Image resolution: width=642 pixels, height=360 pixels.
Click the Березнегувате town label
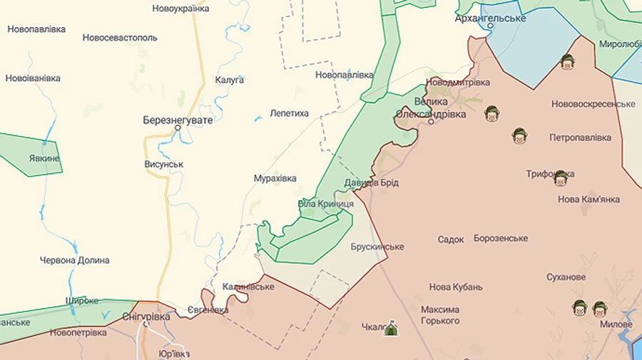click(178, 120)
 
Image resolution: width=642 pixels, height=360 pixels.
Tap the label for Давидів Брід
click(371, 182)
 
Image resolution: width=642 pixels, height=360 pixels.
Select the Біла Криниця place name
click(326, 204)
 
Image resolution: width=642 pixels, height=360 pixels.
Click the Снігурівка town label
click(146, 316)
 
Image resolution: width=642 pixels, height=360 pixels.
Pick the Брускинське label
click(377, 247)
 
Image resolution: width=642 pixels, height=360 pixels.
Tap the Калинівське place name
click(248, 287)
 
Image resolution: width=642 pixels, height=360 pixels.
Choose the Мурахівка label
click(275, 178)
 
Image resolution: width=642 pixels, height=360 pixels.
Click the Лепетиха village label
click(290, 113)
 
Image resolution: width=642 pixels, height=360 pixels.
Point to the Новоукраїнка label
click(180, 9)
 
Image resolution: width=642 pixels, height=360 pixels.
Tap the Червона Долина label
click(75, 260)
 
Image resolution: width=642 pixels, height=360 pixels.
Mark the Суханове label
click(566, 277)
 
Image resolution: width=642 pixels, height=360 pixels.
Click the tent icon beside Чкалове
click(390, 329)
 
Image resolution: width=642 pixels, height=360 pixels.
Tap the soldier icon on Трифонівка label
click(561, 177)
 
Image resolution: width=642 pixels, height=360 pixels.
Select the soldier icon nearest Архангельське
click(567, 62)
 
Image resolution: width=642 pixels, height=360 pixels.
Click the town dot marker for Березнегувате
click(178, 128)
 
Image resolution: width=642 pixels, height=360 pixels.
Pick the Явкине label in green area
click(44, 158)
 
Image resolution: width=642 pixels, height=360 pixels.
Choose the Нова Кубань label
click(456, 287)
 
